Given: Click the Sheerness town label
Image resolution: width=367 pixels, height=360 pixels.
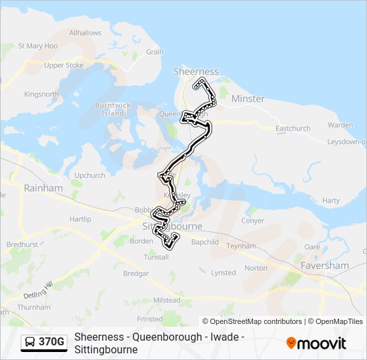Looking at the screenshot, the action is tap(196, 71).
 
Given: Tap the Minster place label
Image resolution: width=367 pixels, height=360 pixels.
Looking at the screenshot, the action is tap(248, 99).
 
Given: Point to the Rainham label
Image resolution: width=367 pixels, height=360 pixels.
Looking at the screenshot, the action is tap(43, 188).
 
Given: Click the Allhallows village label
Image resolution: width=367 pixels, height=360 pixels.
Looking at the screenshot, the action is tap(85, 32).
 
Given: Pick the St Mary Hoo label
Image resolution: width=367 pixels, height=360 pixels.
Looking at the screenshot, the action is tap(37, 46).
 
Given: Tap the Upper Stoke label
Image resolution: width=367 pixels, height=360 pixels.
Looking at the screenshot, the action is tap(63, 65).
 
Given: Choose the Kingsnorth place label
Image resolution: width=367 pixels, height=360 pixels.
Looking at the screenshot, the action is tap(41, 94).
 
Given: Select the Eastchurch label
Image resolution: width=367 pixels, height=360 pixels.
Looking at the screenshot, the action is tap(293, 128).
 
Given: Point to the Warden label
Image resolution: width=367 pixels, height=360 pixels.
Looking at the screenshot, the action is tap(340, 125).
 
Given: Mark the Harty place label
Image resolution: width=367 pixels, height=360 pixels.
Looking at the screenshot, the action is tap(330, 200).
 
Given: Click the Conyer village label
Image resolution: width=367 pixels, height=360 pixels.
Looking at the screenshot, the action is tap(253, 221).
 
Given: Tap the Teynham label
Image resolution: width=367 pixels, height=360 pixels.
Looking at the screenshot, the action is tap(241, 246).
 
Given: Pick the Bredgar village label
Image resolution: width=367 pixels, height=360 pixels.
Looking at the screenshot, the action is tap(135, 273).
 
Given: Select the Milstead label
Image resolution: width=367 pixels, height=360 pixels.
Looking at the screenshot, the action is tap(167, 301).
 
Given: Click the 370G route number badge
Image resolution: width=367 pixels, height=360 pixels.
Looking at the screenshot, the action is tap(51, 343).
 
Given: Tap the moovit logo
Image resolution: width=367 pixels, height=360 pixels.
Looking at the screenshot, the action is tap(316, 343).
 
